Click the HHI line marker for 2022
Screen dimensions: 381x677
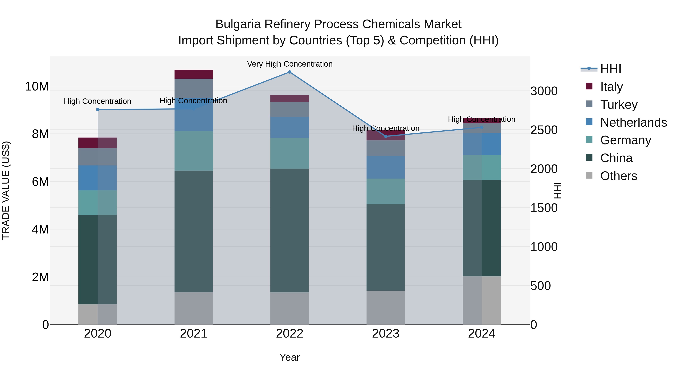coord(290,72)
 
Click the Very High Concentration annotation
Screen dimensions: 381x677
coord(290,64)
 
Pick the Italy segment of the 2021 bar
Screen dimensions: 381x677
coord(194,74)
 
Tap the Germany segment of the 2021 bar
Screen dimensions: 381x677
coord(194,151)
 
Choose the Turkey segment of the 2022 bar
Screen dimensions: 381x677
coord(290,109)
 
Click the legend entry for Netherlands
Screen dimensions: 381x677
coord(633,122)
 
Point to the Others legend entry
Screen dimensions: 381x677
coord(619,176)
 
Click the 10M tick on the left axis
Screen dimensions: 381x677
coord(37,87)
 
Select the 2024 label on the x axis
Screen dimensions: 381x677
coord(481,334)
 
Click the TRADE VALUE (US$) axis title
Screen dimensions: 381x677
coord(6,190)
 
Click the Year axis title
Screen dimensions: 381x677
coord(290,357)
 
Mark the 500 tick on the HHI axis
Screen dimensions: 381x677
coord(540,286)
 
